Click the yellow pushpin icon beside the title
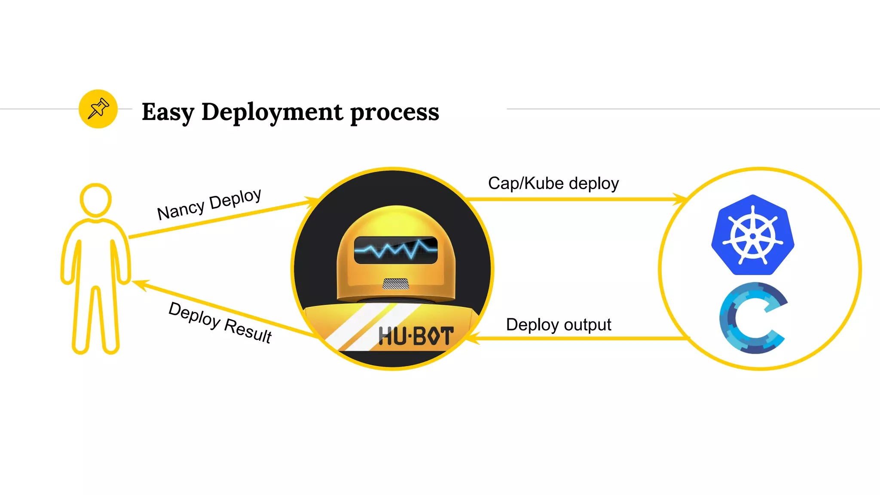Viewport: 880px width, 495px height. tap(98, 109)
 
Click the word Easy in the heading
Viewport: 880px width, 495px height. tap(168, 112)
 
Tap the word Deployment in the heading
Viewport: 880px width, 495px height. tap(272, 112)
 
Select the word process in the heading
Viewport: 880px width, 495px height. tap(394, 112)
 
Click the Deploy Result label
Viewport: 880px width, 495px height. tap(220, 322)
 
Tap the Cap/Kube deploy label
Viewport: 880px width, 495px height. tap(553, 183)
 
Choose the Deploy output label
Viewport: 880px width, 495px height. tap(558, 325)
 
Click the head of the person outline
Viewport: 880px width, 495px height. tap(96, 200)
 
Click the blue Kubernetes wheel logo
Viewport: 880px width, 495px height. tap(752, 235)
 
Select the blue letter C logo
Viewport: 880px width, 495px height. tap(753, 318)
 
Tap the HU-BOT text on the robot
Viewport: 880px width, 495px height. tap(416, 336)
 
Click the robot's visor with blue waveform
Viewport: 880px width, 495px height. tap(396, 250)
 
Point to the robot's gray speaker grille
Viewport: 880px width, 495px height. tap(396, 284)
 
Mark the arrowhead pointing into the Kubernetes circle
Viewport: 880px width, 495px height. tap(681, 199)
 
